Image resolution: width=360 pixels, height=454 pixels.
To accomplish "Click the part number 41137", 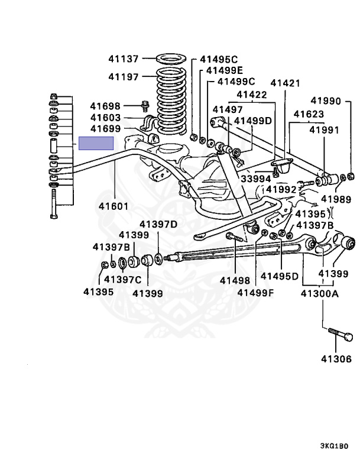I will point(123,59).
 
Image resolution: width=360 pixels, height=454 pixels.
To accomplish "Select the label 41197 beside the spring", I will point(123,77).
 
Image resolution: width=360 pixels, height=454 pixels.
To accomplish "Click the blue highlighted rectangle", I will point(96,143).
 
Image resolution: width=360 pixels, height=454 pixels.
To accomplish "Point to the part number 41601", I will point(115,206).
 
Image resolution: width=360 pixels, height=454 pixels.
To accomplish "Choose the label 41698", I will point(105,106).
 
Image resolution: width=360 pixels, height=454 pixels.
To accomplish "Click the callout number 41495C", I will point(218,59).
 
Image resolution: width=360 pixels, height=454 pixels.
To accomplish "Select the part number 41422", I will point(252,95).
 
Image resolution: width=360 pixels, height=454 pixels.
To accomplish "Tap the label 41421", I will point(287,83).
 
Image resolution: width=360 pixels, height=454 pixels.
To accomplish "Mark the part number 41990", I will point(326,101).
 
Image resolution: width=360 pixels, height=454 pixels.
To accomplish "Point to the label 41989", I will point(336,200).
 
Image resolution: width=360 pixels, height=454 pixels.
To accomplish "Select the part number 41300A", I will point(320,293).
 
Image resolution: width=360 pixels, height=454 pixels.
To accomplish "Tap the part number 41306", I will point(336,358).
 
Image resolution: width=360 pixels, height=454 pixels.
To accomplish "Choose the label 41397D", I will point(158,224).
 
